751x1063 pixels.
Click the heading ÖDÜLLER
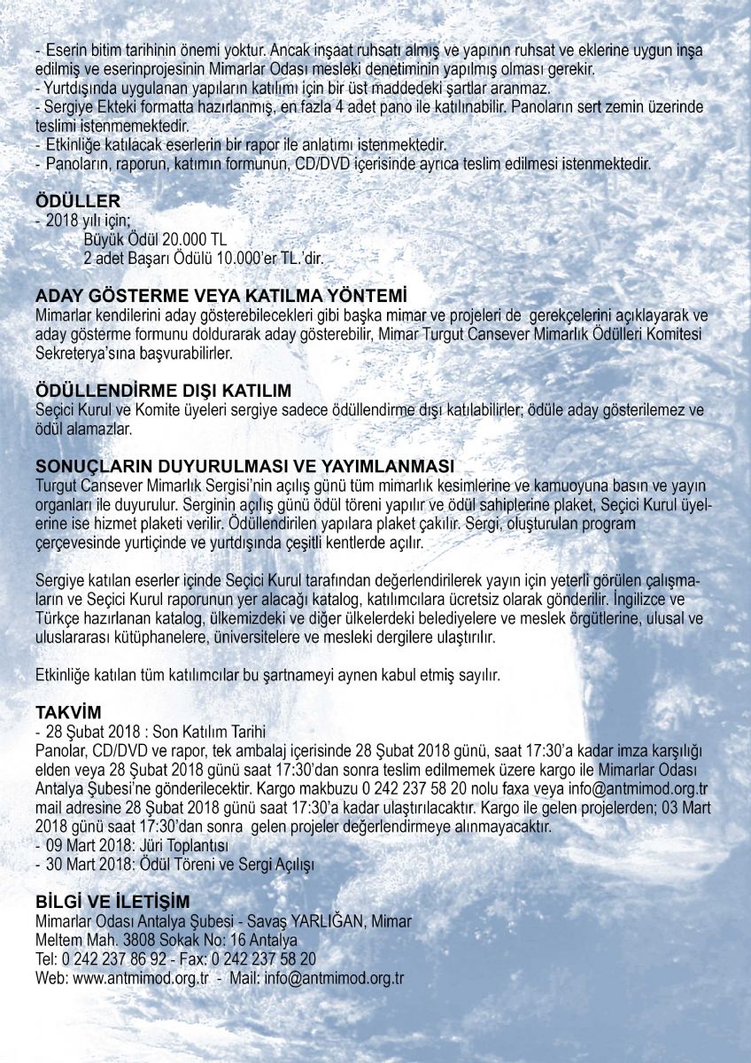[78, 201]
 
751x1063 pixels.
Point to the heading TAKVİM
[69, 712]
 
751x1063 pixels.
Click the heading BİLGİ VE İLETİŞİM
[112, 902]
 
